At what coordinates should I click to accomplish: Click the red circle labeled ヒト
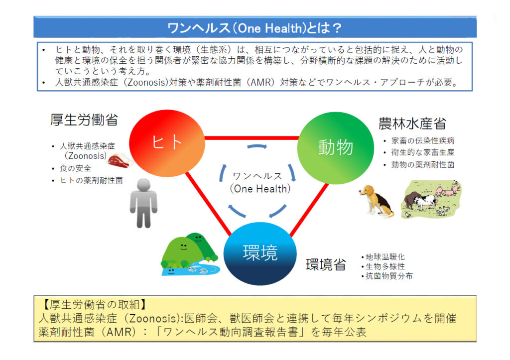[167, 143]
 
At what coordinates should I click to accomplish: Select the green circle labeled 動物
[336, 148]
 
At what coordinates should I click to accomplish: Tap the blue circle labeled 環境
[260, 253]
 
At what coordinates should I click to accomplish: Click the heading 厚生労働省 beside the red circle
[84, 120]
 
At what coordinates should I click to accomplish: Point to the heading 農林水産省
[412, 123]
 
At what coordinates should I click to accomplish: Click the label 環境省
[326, 265]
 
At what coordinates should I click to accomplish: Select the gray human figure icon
[143, 203]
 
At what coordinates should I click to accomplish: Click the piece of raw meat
[120, 161]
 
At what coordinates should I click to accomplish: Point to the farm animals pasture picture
[431, 199]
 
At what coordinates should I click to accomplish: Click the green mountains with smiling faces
[189, 254]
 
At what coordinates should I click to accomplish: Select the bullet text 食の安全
[76, 168]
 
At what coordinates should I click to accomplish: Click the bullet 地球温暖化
[385, 257]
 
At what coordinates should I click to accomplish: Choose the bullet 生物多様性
[385, 266]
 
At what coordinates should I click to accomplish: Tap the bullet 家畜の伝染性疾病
[423, 141]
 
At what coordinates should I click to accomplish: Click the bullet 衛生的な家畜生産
[423, 152]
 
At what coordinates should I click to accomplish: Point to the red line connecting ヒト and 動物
[251, 138]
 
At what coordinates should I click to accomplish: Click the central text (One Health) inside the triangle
[260, 189]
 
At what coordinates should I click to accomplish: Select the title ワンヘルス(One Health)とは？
[255, 28]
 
